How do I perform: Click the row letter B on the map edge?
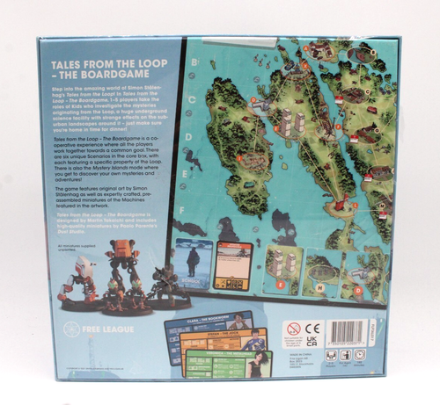click(193, 61)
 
